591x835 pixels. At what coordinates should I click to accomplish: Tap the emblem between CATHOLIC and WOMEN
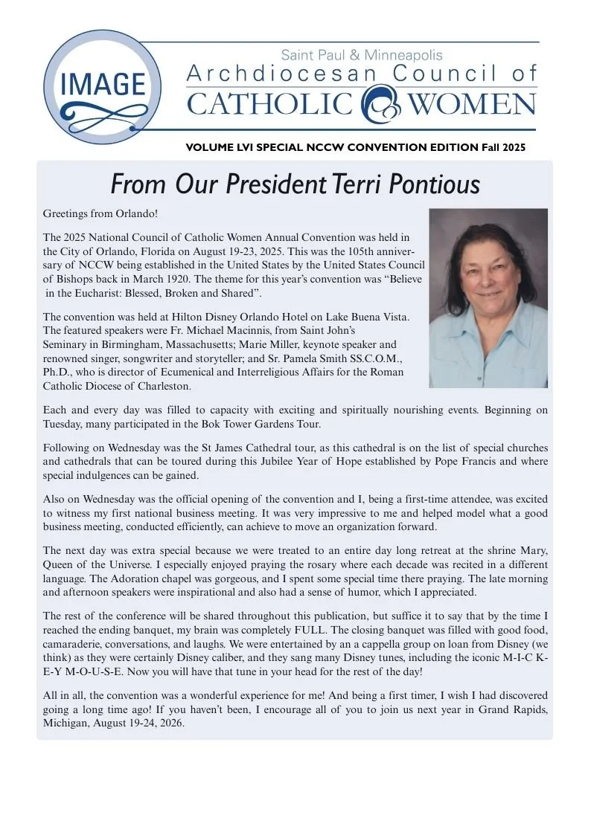[380, 103]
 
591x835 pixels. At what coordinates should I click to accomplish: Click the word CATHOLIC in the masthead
[269, 103]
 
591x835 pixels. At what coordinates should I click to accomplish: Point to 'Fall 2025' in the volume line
[503, 147]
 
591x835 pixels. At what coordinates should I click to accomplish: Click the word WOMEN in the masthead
[473, 103]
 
